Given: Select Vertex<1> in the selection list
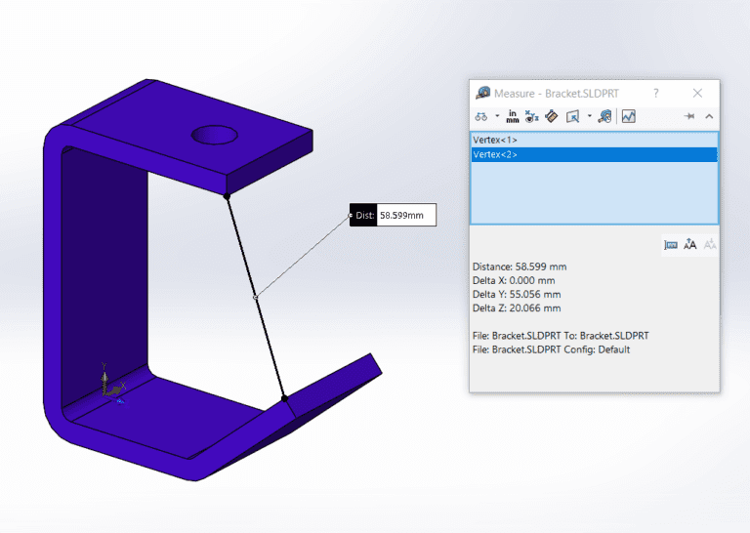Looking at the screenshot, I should coord(495,141).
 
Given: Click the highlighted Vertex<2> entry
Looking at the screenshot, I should coord(495,154).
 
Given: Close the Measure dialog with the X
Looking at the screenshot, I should coord(697,93).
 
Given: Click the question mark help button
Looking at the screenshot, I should coord(655,93).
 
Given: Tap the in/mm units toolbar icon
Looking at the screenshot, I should coord(513,116).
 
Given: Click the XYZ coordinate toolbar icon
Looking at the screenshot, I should coord(531,116).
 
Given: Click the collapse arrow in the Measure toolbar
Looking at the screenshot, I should coord(709,116).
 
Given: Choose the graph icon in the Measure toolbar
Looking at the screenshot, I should coord(628,116).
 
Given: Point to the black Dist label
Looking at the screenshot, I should coord(363,215).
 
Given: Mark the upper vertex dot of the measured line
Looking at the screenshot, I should coord(228,197).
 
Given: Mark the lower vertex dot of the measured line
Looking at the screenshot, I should coord(284,398).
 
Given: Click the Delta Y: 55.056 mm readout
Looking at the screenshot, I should coord(517,294).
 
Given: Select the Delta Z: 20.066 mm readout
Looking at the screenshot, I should coord(517,307).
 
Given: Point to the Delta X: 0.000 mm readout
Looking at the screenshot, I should coord(514,280).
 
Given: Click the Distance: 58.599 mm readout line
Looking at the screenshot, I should coord(519,266).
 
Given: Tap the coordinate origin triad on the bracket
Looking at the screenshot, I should coord(110,389).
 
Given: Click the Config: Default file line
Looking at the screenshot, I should coord(551,349).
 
